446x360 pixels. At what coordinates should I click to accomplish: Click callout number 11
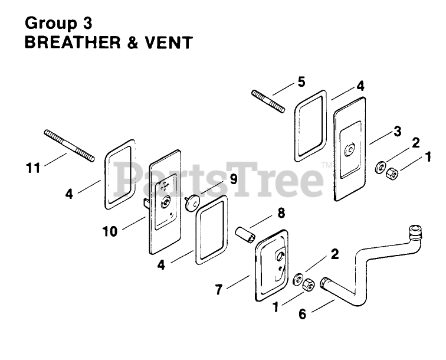[33, 168]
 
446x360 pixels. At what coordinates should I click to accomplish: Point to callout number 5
[301, 81]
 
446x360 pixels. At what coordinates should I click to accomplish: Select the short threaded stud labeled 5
[268, 101]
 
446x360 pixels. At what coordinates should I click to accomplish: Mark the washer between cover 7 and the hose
[299, 278]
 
